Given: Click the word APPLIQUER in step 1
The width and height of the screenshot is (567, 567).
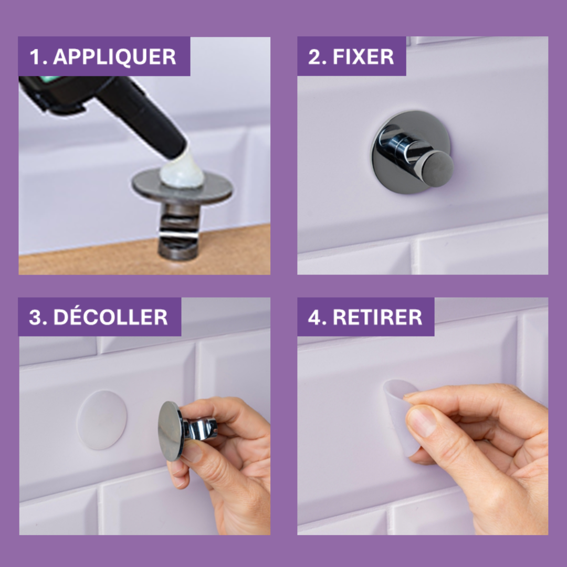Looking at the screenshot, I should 114,57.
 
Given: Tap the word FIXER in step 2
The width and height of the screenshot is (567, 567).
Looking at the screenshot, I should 363,57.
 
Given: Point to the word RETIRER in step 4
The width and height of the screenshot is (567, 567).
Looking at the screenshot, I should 377,318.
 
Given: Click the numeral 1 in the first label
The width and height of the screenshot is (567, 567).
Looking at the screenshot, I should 35,57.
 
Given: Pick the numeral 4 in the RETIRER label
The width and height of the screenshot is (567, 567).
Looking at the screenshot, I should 313,318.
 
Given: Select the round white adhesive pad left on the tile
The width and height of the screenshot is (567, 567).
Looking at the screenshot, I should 102,419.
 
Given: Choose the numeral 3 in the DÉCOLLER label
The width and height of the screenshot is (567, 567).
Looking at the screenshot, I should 35,318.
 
